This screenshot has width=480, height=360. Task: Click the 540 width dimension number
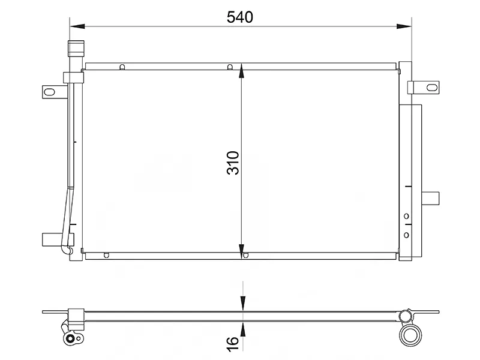(239, 17)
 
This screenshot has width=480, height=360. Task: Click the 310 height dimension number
(233, 163)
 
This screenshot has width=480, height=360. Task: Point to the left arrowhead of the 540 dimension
(77, 26)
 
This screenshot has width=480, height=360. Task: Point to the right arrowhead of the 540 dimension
(404, 26)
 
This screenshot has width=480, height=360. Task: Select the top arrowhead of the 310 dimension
(242, 71)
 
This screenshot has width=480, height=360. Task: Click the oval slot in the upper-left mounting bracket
(49, 92)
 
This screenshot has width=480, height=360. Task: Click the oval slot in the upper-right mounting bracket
(432, 88)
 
